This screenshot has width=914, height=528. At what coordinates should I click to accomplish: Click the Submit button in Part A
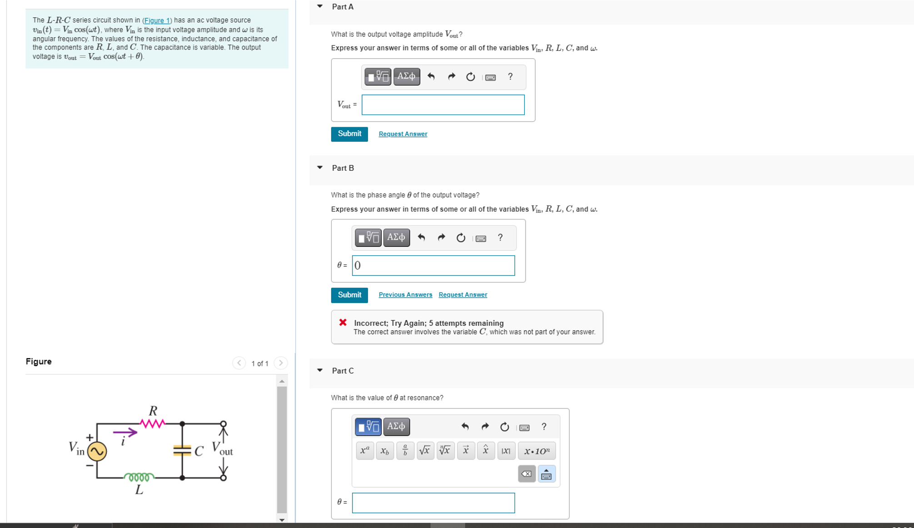349,134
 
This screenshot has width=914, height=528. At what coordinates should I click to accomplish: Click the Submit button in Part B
349,295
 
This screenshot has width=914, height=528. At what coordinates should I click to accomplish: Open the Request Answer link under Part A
402,134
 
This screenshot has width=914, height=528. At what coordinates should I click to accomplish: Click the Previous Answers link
405,295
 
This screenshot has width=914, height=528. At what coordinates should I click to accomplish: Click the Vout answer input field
442,105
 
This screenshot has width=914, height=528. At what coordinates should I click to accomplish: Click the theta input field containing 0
433,265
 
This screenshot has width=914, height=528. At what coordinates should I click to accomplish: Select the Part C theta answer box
433,503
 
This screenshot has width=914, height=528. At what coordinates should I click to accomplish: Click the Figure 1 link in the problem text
157,20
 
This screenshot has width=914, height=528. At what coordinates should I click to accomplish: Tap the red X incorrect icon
343,323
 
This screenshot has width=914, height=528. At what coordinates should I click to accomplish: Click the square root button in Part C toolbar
425,451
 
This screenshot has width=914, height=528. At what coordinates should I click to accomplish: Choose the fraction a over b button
405,451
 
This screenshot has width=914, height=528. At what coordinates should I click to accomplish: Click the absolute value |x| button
506,451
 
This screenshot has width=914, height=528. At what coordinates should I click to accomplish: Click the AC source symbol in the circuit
97,451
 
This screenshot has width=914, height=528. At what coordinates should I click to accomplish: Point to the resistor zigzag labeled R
152,423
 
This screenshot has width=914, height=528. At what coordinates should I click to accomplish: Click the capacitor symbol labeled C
182,450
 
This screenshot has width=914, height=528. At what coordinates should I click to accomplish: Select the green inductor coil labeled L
139,477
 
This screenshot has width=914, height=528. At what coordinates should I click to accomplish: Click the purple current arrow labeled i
125,433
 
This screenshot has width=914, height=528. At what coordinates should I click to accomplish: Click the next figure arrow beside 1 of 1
281,363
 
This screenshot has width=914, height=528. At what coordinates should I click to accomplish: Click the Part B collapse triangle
320,168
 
